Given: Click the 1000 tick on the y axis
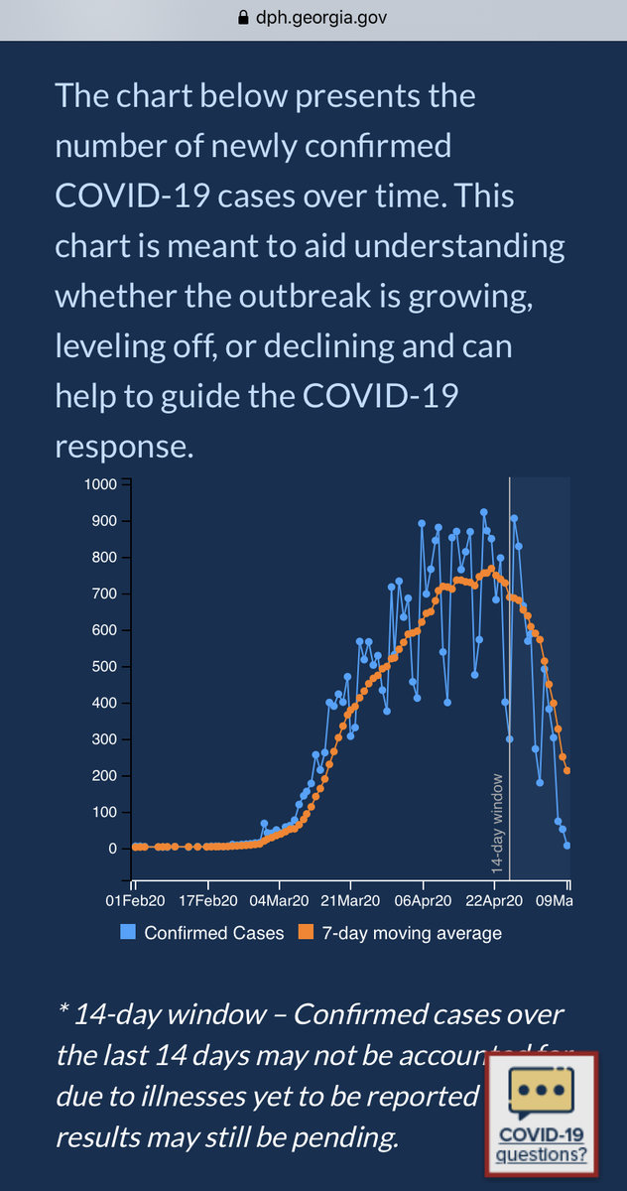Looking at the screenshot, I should (x=102, y=484).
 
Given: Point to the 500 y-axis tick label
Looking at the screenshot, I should (x=106, y=667).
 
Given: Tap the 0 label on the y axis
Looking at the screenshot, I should (x=112, y=849).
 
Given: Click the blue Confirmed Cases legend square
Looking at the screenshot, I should (x=128, y=933).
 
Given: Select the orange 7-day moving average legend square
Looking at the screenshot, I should (x=307, y=933).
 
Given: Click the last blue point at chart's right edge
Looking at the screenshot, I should (x=567, y=846).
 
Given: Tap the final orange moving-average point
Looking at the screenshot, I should (x=567, y=770).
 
